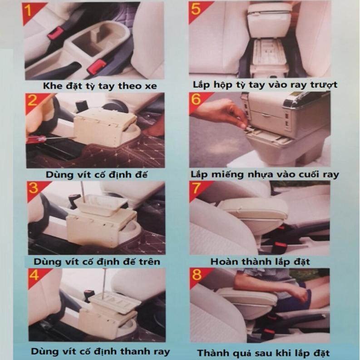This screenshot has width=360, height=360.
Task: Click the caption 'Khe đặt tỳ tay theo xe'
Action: coord(100,86)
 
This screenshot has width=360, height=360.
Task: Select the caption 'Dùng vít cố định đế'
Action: coord(96,175)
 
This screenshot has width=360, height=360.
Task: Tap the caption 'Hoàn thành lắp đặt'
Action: coord(260,262)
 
